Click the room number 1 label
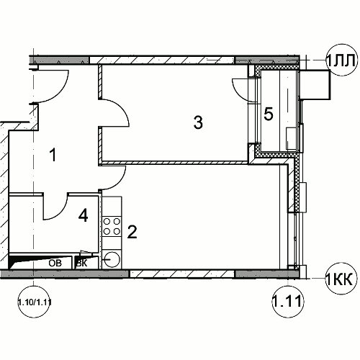pos(53,155)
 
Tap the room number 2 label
pos(132,232)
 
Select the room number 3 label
pos(198,122)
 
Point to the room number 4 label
pos(83,215)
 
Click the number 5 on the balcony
pos(269,114)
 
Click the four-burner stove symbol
pos(112,226)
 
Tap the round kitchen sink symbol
pos(112,259)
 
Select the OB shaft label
pos(55,263)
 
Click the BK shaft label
pos(81,264)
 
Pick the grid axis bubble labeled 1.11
pos(288,301)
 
